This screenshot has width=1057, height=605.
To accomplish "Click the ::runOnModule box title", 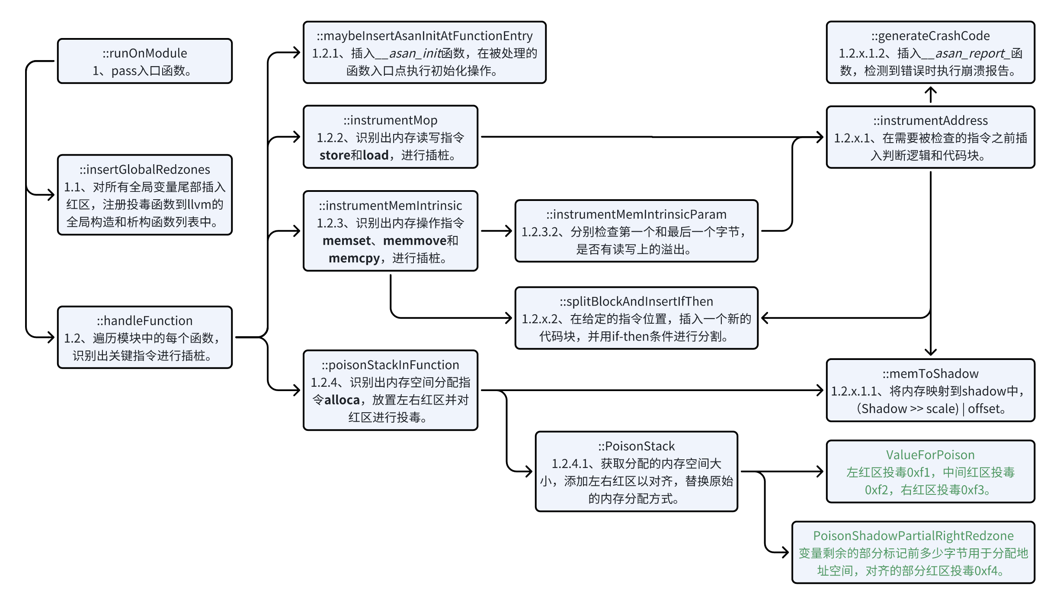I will [144, 53].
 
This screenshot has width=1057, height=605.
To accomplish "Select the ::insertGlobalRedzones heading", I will [144, 169].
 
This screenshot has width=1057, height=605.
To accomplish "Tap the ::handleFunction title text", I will [144, 321].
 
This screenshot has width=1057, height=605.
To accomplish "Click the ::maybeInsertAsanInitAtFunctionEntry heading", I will [424, 36].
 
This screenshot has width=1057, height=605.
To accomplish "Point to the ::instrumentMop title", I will [390, 120].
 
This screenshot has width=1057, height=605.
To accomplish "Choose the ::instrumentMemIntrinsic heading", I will [390, 206].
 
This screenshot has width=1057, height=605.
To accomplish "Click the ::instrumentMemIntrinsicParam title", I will [636, 214].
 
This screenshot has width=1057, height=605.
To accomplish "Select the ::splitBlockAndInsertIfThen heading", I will [636, 302].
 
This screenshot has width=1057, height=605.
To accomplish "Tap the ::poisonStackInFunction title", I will [390, 365].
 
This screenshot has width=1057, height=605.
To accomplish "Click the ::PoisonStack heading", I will [636, 446].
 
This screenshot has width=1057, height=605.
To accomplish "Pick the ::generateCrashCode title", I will [930, 36].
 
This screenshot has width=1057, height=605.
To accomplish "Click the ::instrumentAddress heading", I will [930, 121].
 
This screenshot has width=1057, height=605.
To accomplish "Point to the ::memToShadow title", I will [930, 374].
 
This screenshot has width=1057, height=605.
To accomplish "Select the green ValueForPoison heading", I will [930, 455].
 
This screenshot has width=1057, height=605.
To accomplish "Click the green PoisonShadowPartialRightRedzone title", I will [913, 536].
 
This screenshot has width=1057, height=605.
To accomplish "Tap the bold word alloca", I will [342, 400].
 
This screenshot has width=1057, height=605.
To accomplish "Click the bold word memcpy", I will [354, 258].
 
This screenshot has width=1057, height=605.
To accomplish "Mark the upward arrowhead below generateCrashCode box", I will [930, 91].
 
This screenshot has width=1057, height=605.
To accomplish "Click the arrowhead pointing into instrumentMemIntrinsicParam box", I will [509, 231].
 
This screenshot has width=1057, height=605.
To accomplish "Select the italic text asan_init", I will [414, 54].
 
